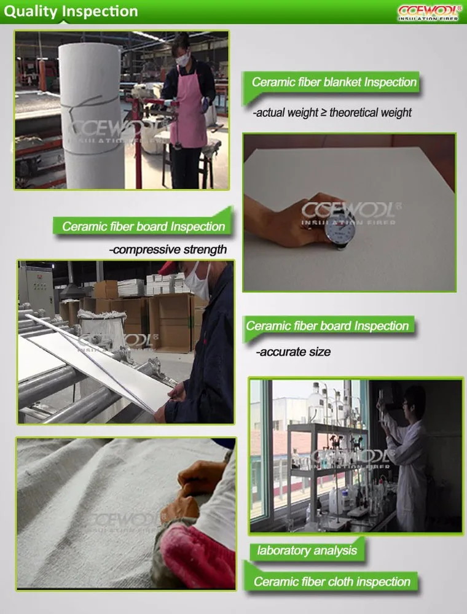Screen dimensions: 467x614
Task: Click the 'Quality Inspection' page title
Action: pyautogui.click(x=71, y=11)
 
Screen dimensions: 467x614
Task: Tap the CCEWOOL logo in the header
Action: pyautogui.click(x=430, y=12)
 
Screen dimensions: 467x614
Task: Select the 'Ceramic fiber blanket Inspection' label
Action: pyautogui.click(x=334, y=82)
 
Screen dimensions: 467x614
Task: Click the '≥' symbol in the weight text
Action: pyautogui.click(x=324, y=112)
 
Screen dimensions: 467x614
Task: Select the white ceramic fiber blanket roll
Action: pyautogui.click(x=92, y=115)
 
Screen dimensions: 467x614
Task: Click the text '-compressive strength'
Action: pyautogui.click(x=168, y=249)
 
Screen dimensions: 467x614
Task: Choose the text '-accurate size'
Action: pyautogui.click(x=293, y=352)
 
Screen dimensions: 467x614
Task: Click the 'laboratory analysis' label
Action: pyautogui.click(x=307, y=551)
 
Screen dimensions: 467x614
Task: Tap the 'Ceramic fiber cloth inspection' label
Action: pyautogui.click(x=332, y=581)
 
